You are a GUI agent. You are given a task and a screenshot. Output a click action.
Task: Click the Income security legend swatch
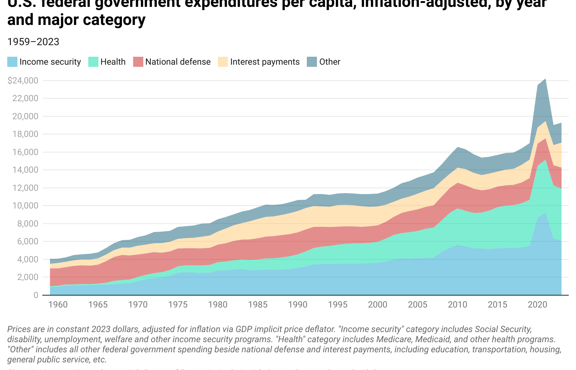click(12, 62)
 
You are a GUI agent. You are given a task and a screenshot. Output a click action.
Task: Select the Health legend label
click(113, 62)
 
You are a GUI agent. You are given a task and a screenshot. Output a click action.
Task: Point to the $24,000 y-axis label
click(23, 81)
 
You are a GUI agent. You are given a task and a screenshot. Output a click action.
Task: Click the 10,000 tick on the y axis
click(25, 206)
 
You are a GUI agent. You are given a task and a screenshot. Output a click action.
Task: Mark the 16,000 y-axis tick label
click(25, 152)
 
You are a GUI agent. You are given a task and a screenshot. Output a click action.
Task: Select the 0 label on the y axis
click(35, 295)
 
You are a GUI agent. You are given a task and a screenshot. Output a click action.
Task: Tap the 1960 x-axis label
click(58, 305)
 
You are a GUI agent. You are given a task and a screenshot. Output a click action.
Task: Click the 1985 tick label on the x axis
click(258, 305)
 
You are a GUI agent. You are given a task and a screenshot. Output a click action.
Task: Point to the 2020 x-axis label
click(537, 305)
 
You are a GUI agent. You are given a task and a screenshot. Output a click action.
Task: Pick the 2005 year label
click(418, 305)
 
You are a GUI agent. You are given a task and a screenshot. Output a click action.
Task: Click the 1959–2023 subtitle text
click(33, 42)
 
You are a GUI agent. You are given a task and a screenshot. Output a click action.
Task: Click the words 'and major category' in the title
click(76, 20)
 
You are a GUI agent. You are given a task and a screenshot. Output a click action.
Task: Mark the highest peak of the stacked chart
click(545, 79)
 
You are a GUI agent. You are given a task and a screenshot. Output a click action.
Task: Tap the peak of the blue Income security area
click(545, 213)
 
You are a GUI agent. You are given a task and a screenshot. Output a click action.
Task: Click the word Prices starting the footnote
click(18, 329)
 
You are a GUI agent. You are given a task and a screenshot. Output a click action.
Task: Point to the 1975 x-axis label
click(178, 305)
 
